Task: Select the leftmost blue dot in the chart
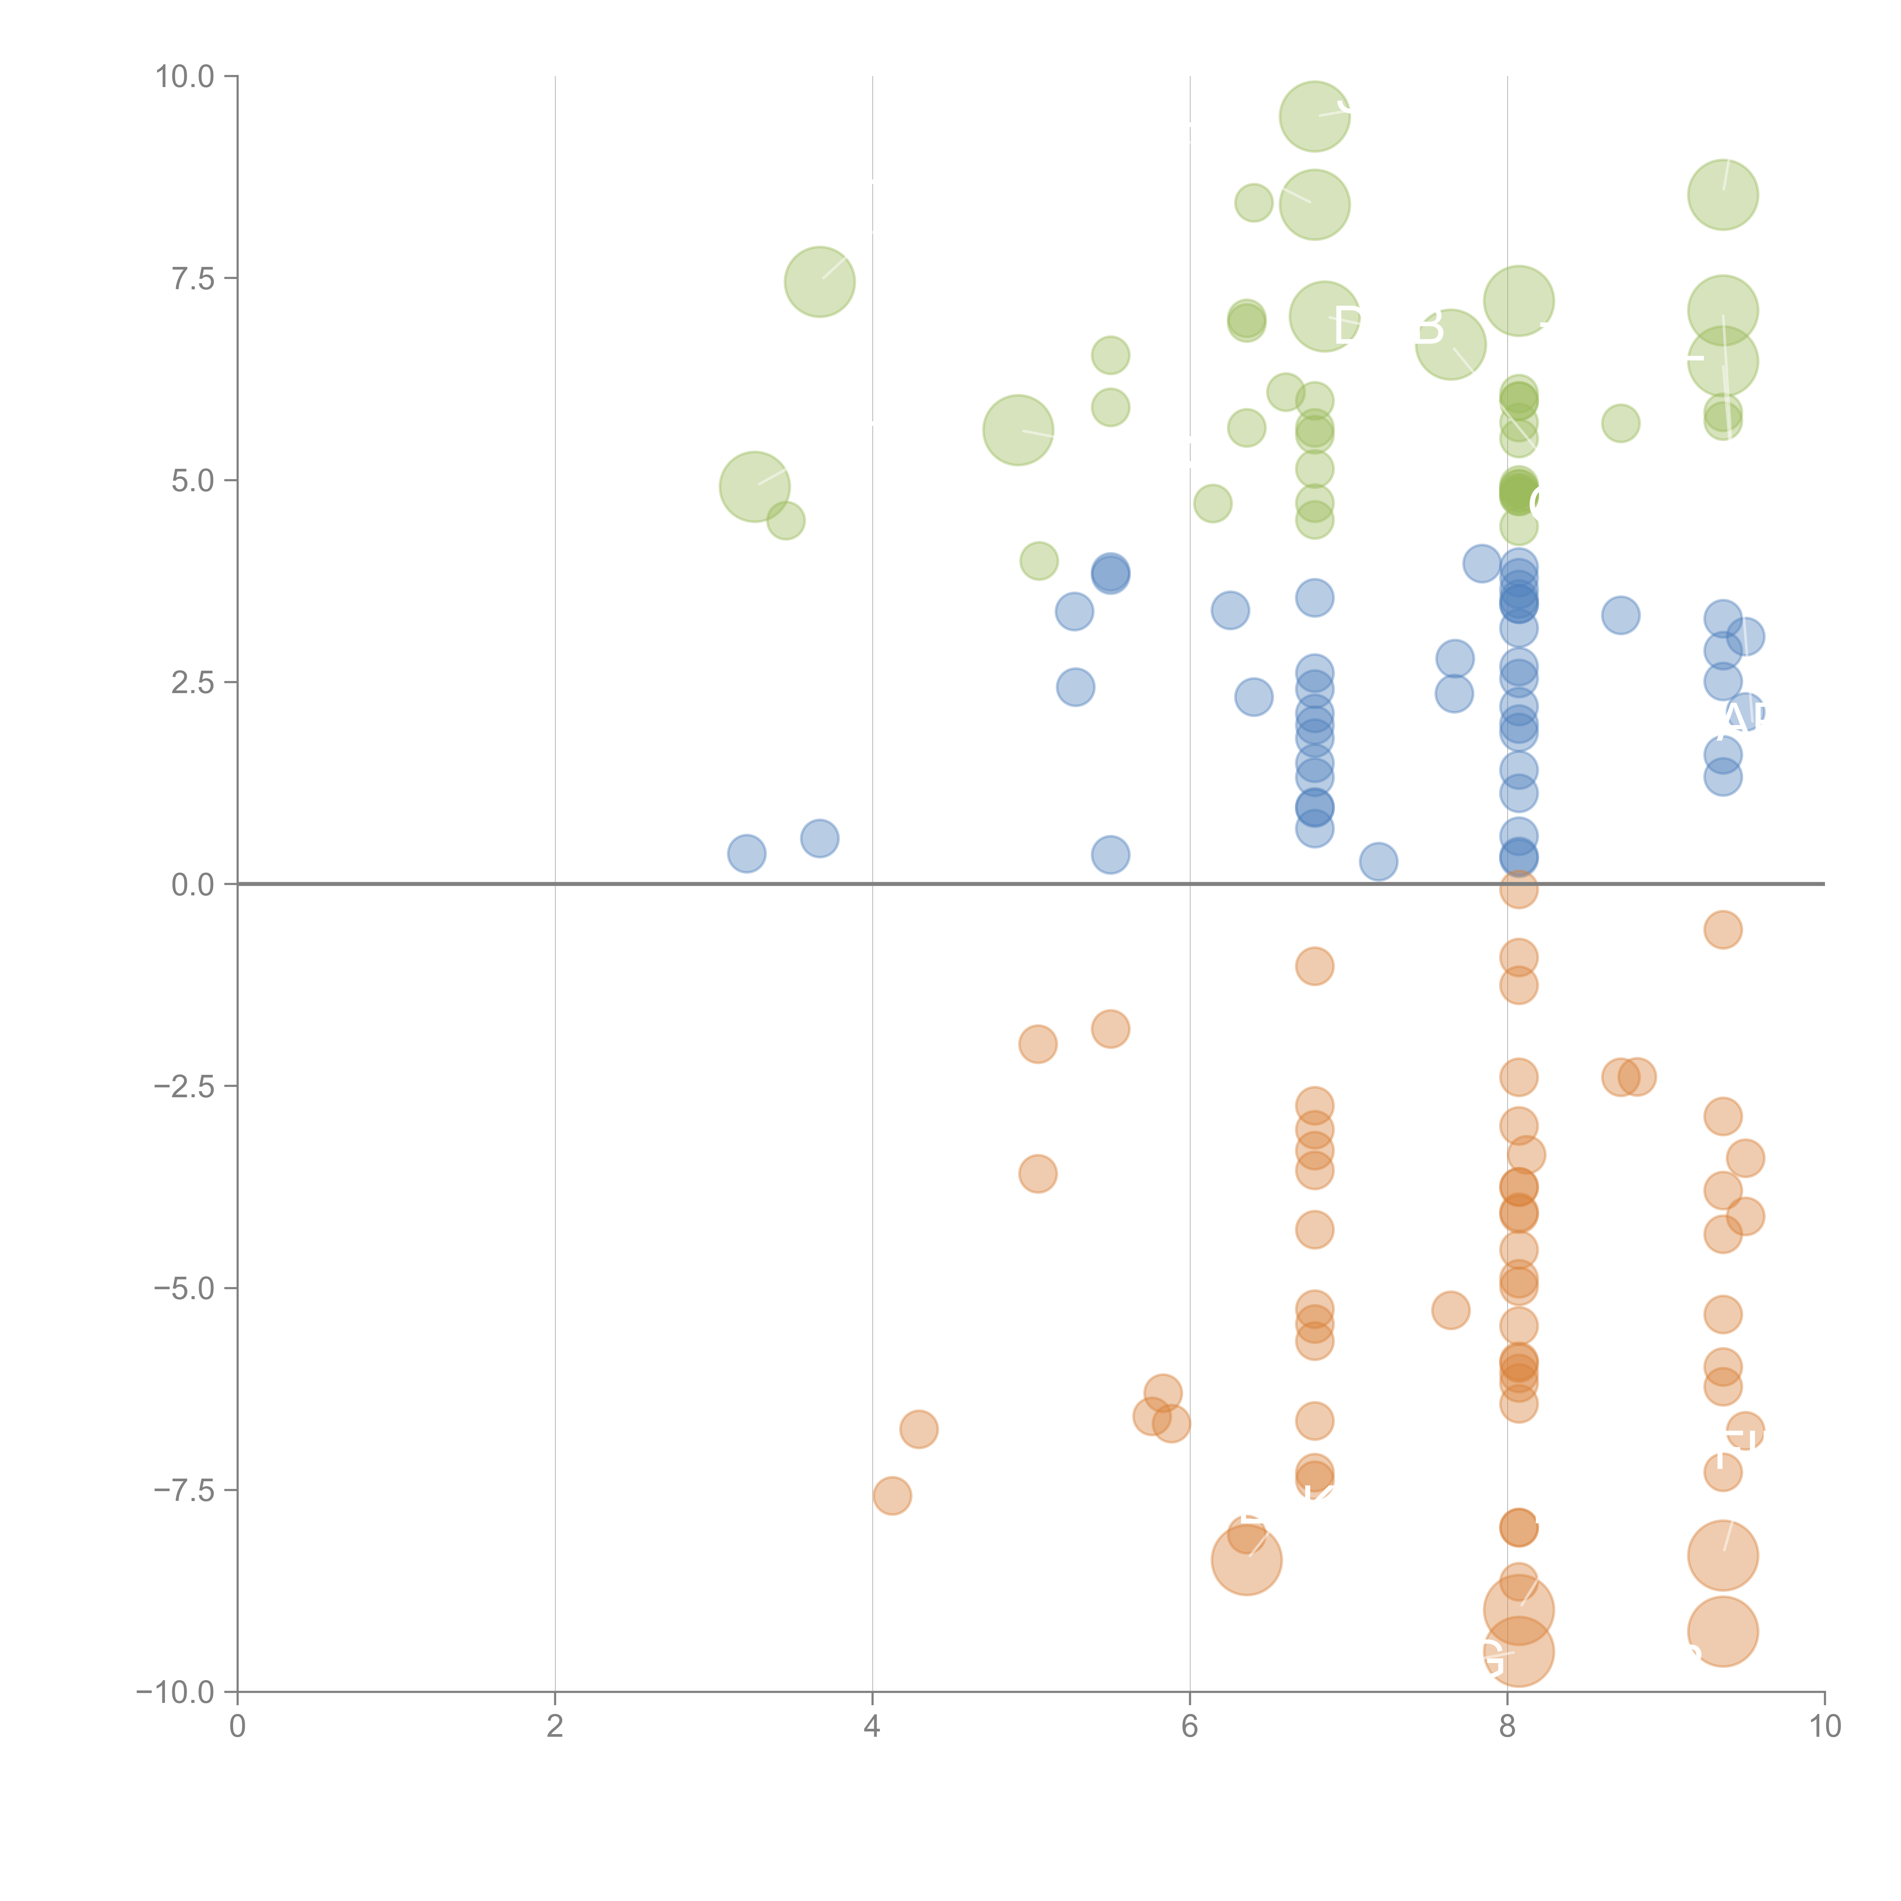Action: pyautogui.click(x=747, y=853)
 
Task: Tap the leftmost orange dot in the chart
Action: pyautogui.click(x=892, y=1496)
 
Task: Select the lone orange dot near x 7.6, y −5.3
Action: pyautogui.click(x=1450, y=1310)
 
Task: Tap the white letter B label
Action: pyautogui.click(x=1429, y=327)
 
